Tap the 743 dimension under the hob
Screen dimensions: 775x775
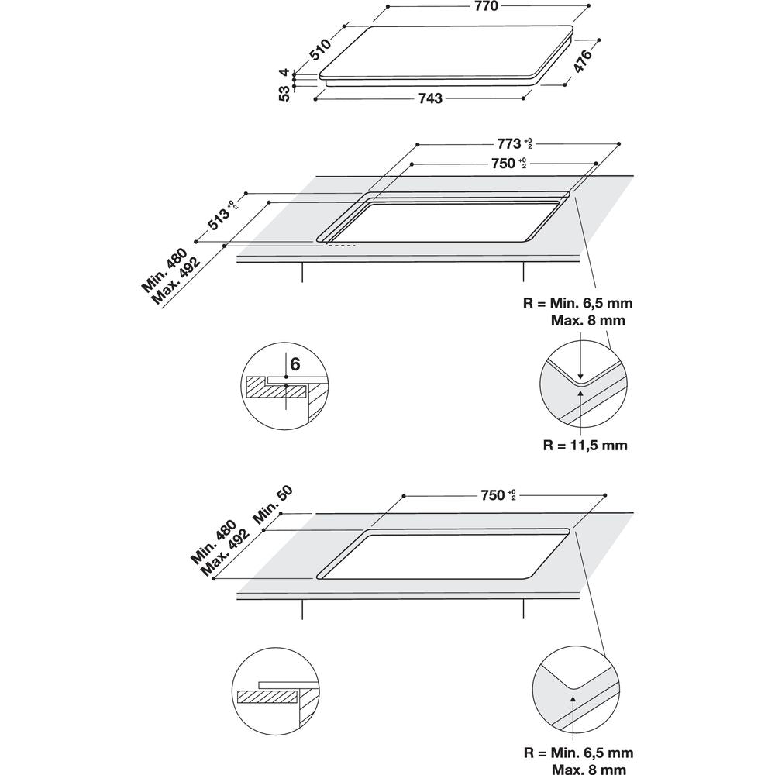pyautogui.click(x=430, y=98)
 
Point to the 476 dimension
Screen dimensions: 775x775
pyautogui.click(x=582, y=61)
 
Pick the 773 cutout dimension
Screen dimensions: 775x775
pyautogui.click(x=508, y=144)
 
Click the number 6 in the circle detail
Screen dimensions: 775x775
pyautogui.click(x=294, y=363)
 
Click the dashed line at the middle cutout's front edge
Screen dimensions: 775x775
pyautogui.click(x=341, y=246)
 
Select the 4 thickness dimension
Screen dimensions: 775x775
pyautogui.click(x=285, y=72)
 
